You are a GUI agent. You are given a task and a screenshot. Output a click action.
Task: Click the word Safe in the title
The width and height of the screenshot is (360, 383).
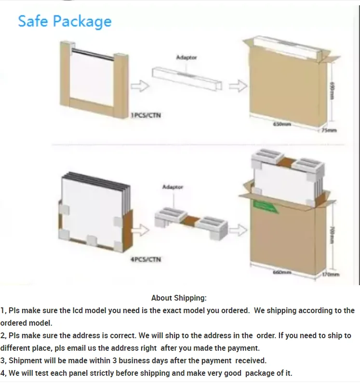pyautogui.click(x=33, y=21)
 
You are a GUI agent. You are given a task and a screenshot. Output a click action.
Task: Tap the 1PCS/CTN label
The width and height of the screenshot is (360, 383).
pyautogui.click(x=146, y=116)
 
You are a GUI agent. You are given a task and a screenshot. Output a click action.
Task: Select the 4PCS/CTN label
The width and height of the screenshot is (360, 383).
pyautogui.click(x=146, y=260)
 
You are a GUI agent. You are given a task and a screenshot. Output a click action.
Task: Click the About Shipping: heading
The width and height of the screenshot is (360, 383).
pyautogui.click(x=179, y=298)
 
